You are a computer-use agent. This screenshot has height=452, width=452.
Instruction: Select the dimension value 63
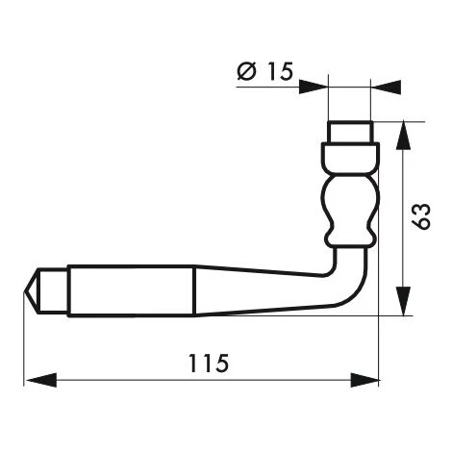(x=421, y=217)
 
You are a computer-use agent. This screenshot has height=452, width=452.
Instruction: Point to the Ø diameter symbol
(x=245, y=71)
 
